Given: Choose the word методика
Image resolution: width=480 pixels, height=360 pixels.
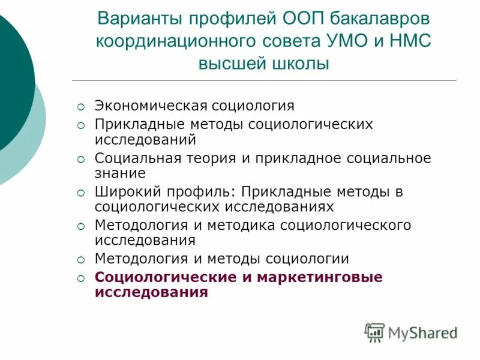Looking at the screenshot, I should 244,226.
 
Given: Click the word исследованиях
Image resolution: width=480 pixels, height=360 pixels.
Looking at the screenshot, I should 279,207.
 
